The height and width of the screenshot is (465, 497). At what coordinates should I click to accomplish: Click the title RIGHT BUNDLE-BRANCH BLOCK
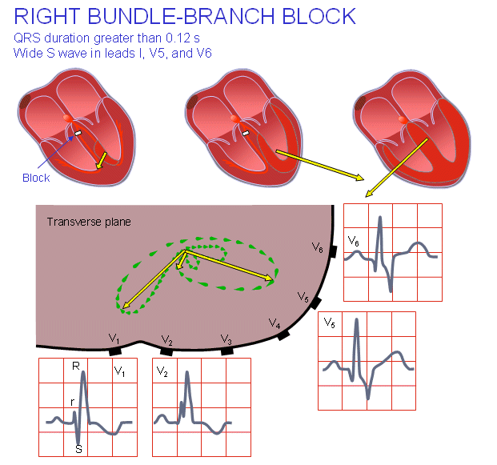click(x=185, y=15)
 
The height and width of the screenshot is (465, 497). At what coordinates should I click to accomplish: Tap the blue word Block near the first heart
click(x=36, y=178)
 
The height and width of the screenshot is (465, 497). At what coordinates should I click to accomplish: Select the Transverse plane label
click(x=87, y=222)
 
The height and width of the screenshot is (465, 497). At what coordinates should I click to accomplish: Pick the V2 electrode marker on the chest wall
click(x=166, y=351)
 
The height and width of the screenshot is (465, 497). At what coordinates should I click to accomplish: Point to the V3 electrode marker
click(x=226, y=351)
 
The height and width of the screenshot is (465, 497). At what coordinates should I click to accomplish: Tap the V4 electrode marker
click(x=283, y=335)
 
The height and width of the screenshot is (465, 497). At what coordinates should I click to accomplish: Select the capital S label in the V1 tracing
click(x=78, y=449)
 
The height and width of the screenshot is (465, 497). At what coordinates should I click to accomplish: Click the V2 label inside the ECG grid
click(x=162, y=372)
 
